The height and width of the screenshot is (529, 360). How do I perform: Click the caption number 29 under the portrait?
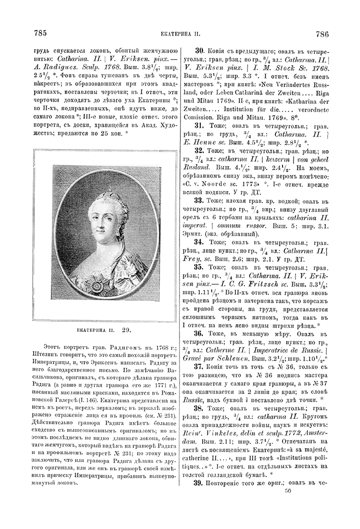pos(127,330)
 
